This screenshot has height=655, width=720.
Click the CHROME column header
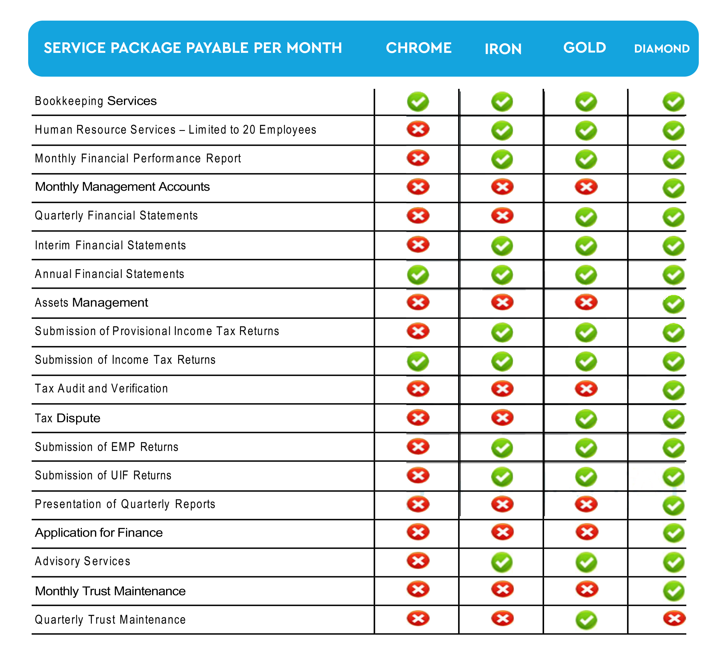tap(419, 48)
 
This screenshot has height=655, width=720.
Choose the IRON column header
tap(503, 49)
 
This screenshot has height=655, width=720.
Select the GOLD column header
tap(585, 48)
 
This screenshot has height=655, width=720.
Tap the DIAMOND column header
tap(662, 48)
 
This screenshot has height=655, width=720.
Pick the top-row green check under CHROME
tap(418, 102)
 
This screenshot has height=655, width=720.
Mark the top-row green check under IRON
tap(502, 102)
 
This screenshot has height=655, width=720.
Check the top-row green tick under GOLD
tap(586, 102)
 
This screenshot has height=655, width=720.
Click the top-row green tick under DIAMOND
tap(674, 102)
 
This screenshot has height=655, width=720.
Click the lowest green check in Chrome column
tap(418, 361)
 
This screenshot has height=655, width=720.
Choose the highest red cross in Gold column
tap(586, 187)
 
